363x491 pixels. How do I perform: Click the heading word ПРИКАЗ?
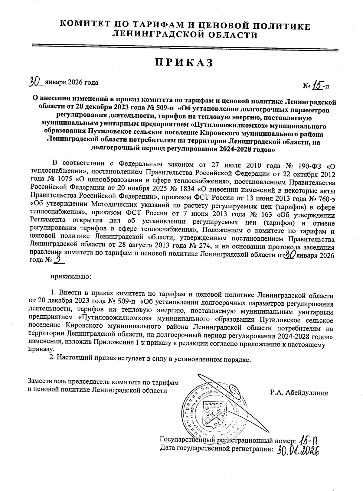184,62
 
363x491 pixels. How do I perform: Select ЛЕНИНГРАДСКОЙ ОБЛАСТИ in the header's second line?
185,35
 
